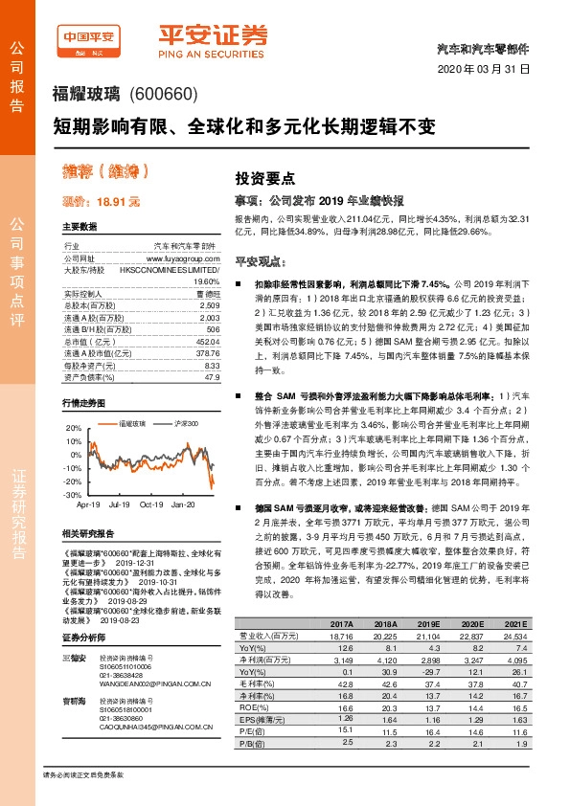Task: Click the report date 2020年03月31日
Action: click(x=490, y=71)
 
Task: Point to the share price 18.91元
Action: click(x=101, y=202)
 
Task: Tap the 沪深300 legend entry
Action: click(x=183, y=421)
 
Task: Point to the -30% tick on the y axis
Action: click(x=73, y=494)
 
